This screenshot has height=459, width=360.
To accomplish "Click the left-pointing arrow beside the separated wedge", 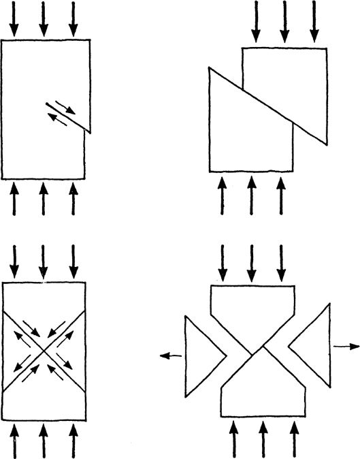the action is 171,354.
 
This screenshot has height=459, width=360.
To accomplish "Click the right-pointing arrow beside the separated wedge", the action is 346,346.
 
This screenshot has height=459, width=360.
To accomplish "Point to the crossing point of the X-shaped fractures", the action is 45,351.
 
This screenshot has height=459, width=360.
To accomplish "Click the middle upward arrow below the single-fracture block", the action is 44,200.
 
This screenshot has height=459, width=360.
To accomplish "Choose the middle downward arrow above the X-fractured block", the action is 44,262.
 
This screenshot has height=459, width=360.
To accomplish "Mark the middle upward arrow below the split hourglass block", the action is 264,439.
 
